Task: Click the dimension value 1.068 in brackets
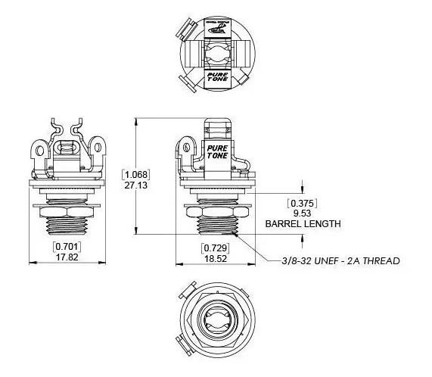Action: point(137,175)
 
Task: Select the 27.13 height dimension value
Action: point(137,185)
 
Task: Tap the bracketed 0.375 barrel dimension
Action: point(301,203)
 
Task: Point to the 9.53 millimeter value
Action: point(301,213)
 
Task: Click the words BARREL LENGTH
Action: point(302,223)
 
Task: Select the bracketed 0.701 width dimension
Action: point(67,247)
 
